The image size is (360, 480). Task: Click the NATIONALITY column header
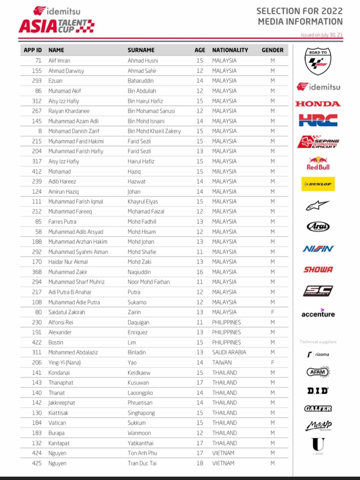pyautogui.click(x=230, y=50)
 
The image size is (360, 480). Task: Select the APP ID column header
pyautogui.click(x=33, y=50)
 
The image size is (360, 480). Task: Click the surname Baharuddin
pyautogui.click(x=140, y=81)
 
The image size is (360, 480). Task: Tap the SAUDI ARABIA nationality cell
pyautogui.click(x=229, y=352)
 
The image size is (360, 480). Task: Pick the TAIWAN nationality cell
pyautogui.click(x=222, y=362)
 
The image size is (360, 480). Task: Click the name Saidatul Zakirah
pyautogui.click(x=67, y=312)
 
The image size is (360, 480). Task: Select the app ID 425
pyautogui.click(x=37, y=463)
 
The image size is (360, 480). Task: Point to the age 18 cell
pyautogui.click(x=200, y=463)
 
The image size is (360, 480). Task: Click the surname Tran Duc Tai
pyautogui.click(x=142, y=463)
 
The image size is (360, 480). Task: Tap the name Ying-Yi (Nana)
pyautogui.click(x=64, y=362)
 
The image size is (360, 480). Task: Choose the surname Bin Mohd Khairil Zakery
pyautogui.click(x=154, y=131)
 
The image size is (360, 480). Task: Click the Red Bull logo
pyautogui.click(x=318, y=164)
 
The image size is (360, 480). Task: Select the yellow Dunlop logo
pyautogui.click(x=318, y=184)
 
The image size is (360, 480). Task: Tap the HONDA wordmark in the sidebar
pyautogui.click(x=318, y=104)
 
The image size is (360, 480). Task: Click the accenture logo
pyautogui.click(x=318, y=313)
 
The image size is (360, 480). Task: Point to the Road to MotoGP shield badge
pyautogui.click(x=318, y=61)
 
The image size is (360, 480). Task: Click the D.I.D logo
pyautogui.click(x=318, y=391)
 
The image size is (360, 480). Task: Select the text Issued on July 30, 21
pyautogui.click(x=322, y=35)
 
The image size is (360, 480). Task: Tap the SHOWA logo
pyautogui.click(x=318, y=269)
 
